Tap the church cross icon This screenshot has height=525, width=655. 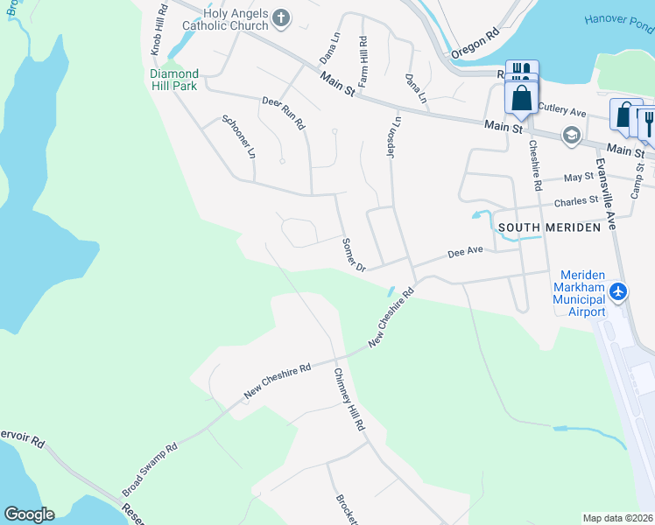pos(281,17)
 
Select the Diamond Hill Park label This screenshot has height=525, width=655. pos(173,80)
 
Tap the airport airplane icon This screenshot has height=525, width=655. pos(619,290)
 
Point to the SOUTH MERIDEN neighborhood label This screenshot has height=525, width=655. pos(549,227)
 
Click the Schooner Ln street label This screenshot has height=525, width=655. pos(239,136)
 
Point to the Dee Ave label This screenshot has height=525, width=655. pos(465,252)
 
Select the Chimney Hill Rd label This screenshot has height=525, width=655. pos(348,399)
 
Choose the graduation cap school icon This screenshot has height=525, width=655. pos(572,134)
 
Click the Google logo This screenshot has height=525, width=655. pos(29,514)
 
